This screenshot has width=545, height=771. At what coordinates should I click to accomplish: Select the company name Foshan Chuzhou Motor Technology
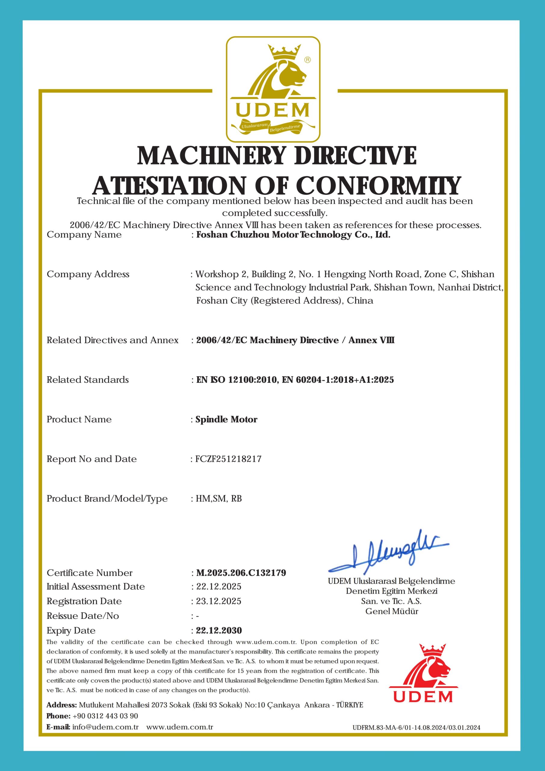tap(293, 235)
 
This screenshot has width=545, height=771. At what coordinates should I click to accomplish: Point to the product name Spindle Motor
tap(226, 420)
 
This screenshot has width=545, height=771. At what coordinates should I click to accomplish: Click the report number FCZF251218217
tap(228, 459)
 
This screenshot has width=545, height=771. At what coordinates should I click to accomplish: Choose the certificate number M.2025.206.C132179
tap(241, 573)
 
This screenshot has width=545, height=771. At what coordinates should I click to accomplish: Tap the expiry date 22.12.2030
tap(219, 630)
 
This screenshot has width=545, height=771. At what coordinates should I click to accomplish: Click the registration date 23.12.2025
tap(218, 601)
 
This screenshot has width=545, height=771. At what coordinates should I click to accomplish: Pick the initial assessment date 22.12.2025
tap(218, 586)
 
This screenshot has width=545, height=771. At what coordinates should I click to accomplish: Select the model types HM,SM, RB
tap(218, 499)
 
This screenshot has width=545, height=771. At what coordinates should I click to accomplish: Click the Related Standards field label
tap(88, 380)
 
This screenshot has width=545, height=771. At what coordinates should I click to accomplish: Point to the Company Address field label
tap(88, 274)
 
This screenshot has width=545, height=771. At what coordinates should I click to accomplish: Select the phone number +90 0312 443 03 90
tap(105, 716)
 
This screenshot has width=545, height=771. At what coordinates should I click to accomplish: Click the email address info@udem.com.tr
tap(105, 727)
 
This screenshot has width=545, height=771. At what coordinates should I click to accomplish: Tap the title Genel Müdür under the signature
tap(392, 611)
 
